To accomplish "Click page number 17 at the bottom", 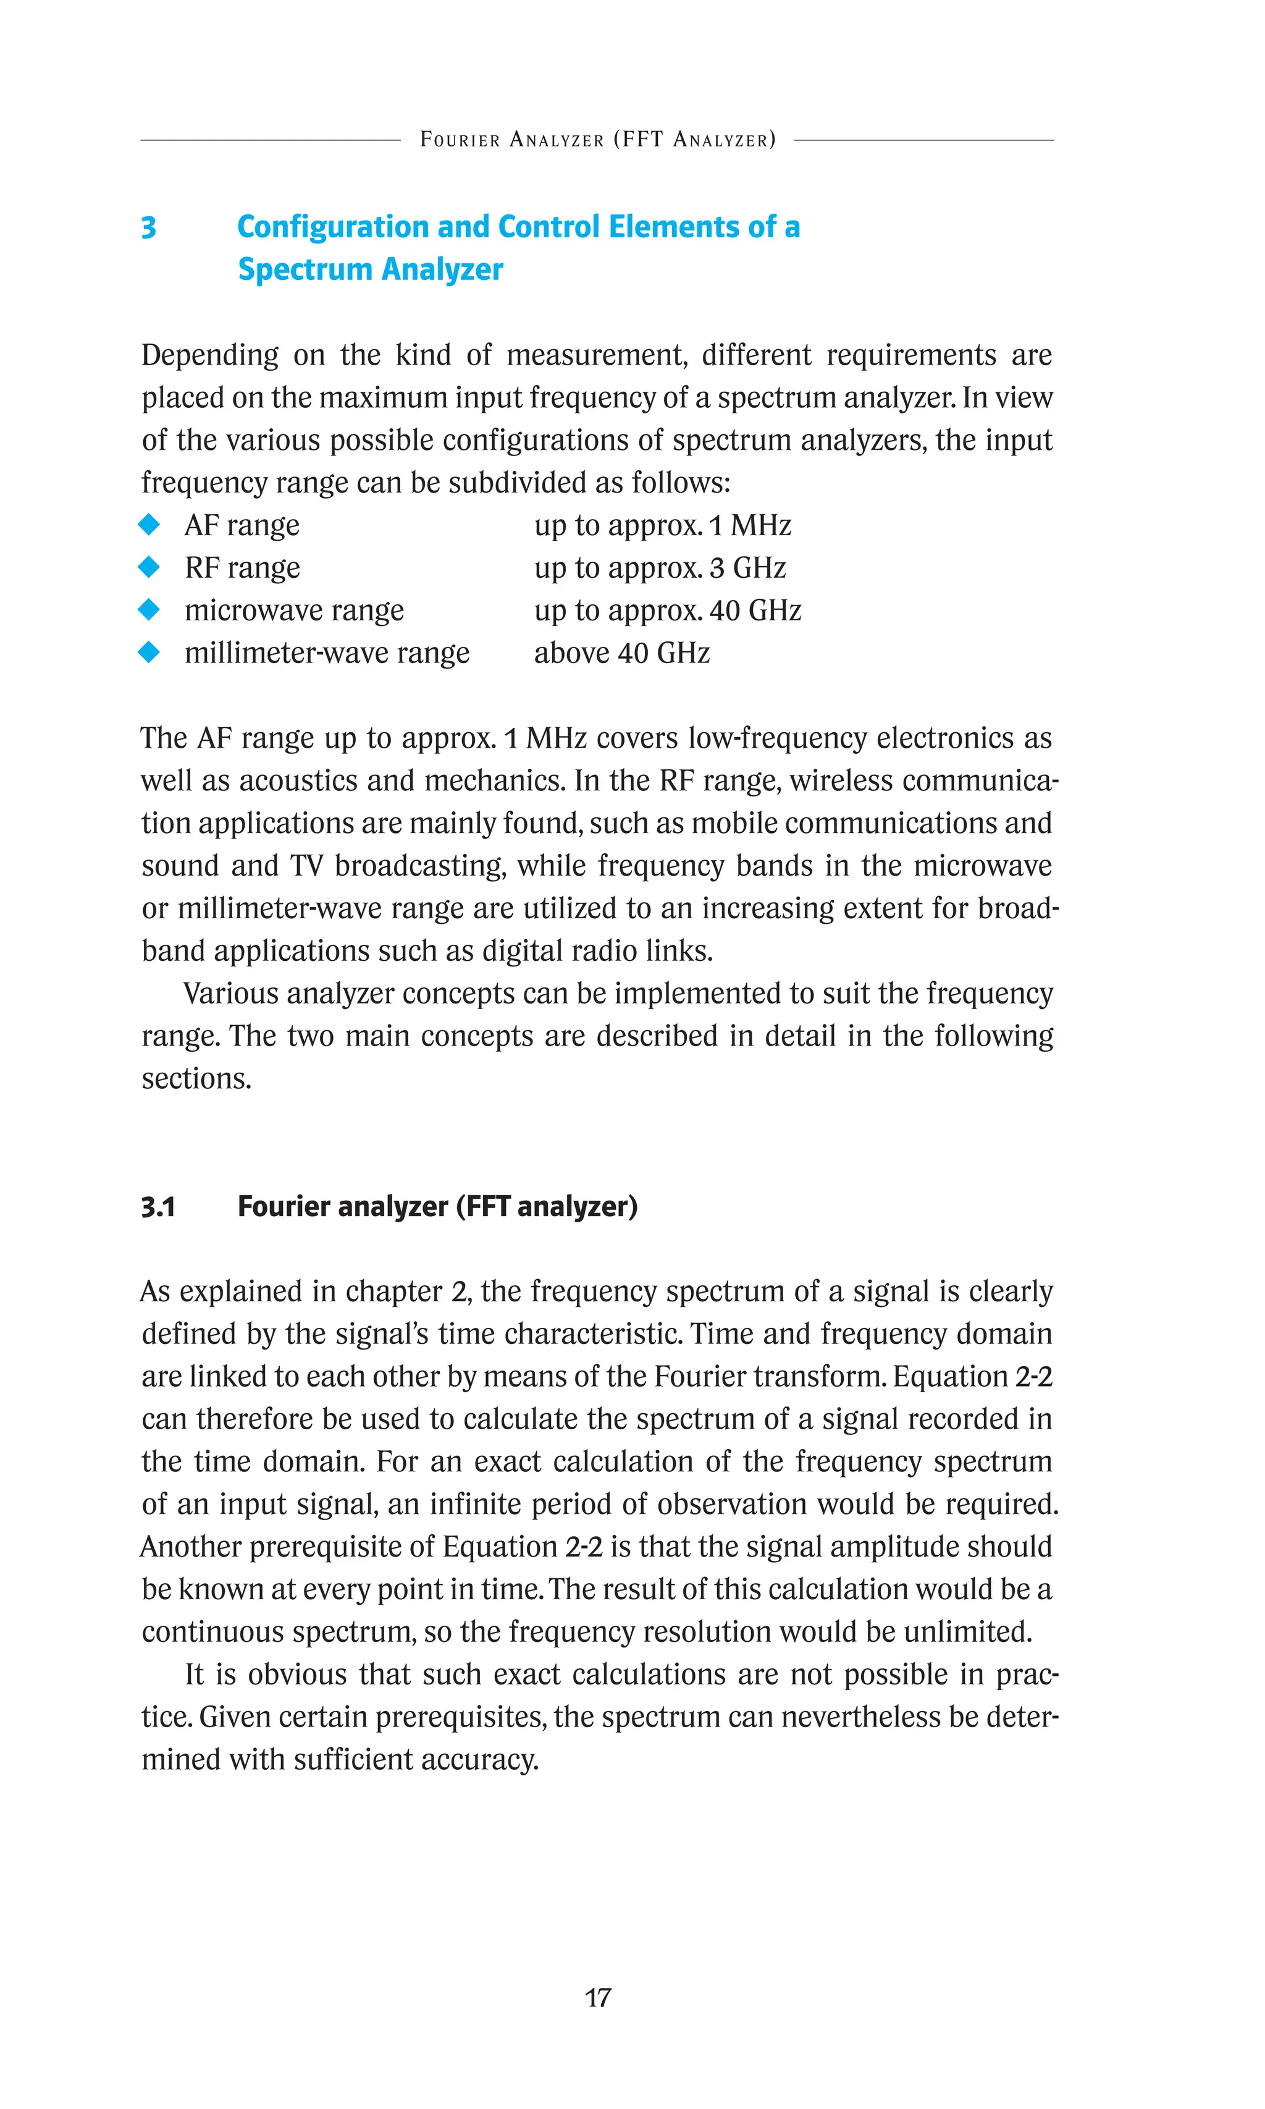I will click(x=597, y=1997).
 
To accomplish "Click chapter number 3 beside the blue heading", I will click(x=148, y=227).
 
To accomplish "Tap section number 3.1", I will click(x=159, y=1207).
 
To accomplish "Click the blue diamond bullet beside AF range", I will click(x=149, y=525).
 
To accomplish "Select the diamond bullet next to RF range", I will click(x=149, y=567).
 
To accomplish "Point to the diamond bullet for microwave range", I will click(x=149, y=610).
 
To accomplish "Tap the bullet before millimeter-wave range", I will click(x=149, y=653).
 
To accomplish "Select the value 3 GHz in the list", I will click(x=747, y=568).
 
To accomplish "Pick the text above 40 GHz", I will click(x=621, y=653).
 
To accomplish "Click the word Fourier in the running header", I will click(x=460, y=140).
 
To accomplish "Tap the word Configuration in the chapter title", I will click(x=332, y=227).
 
